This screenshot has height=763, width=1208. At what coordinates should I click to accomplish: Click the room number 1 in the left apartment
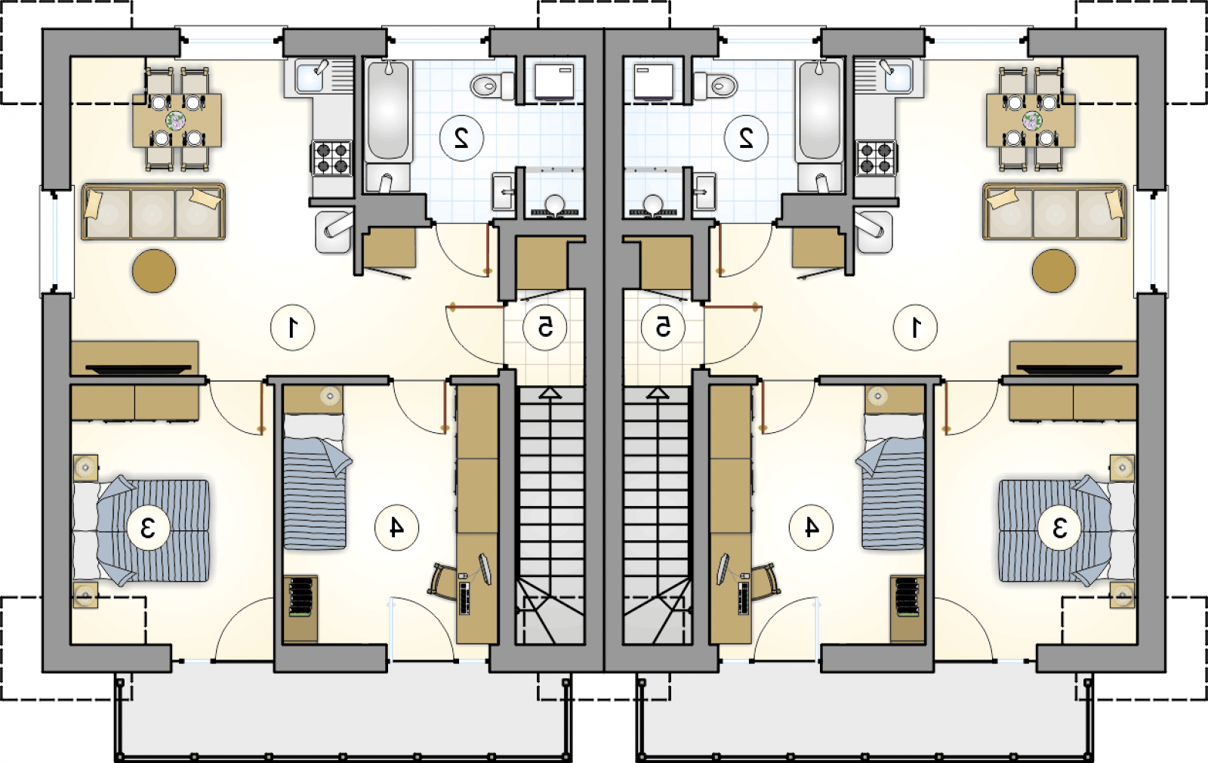pyautogui.click(x=293, y=328)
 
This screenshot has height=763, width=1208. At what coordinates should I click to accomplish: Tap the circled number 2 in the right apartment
pyautogui.click(x=747, y=139)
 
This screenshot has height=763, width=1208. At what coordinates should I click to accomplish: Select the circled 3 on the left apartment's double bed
pyautogui.click(x=148, y=528)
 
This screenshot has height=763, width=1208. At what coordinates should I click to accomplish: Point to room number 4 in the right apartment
pyautogui.click(x=811, y=527)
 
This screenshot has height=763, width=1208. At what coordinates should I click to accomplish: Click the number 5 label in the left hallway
pyautogui.click(x=544, y=327)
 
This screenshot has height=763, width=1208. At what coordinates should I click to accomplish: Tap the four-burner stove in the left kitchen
pyautogui.click(x=331, y=158)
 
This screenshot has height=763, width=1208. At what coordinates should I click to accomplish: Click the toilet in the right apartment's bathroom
pyautogui.click(x=716, y=85)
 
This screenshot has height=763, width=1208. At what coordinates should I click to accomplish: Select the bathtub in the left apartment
pyautogui.click(x=388, y=111)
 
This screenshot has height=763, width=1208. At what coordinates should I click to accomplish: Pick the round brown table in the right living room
pyautogui.click(x=1054, y=271)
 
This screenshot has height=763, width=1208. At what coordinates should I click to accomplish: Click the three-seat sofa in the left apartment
pyautogui.click(x=153, y=212)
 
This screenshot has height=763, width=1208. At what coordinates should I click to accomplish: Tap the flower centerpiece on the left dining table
pyautogui.click(x=175, y=120)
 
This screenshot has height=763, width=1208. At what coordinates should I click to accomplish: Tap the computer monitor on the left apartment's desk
pyautogui.click(x=485, y=569)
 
